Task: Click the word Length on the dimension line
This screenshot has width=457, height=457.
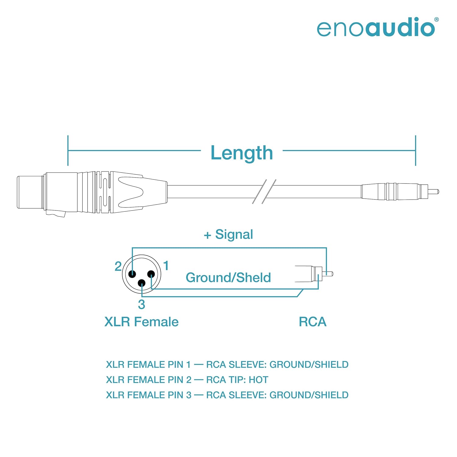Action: tap(242, 153)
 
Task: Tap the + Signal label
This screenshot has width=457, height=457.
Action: tap(228, 235)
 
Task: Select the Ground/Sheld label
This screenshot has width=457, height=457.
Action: tap(228, 278)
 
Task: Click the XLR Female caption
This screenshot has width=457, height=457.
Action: tap(141, 322)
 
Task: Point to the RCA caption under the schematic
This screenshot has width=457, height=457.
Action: tap(313, 322)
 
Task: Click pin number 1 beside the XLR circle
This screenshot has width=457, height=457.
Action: tap(166, 266)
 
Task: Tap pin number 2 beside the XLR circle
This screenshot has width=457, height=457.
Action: tap(118, 267)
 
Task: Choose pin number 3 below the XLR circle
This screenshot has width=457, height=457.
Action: tap(141, 304)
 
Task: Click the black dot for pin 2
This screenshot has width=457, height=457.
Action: tap(132, 274)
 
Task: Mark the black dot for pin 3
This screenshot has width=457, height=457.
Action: tap(142, 283)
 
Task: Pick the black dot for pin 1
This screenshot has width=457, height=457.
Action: tap(151, 274)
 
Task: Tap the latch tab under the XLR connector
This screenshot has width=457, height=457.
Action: tap(56, 214)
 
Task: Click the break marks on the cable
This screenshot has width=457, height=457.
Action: tap(264, 192)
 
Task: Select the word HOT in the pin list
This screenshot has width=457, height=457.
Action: tap(258, 380)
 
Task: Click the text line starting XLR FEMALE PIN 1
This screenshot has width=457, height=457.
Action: tap(227, 364)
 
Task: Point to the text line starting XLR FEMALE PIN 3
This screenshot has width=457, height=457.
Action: tap(227, 395)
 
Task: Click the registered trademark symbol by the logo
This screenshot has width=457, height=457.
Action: tap(437, 19)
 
